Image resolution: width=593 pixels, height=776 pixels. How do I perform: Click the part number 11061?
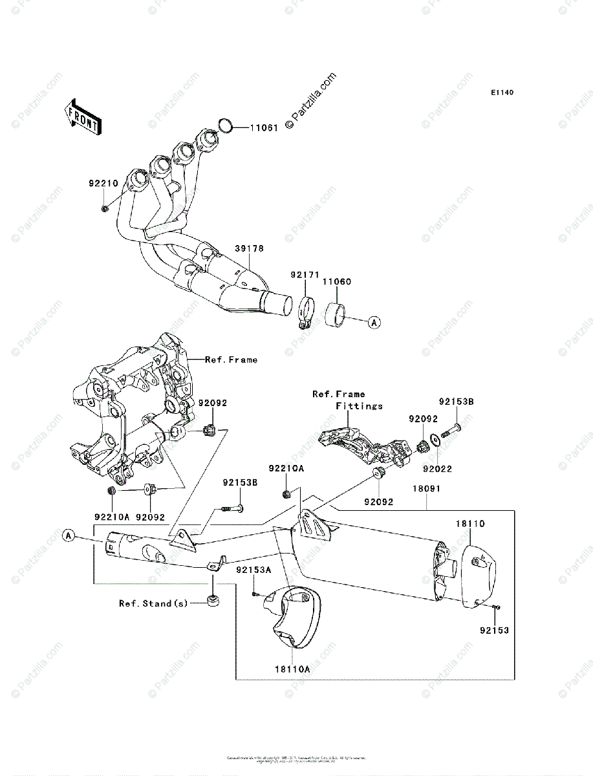click(x=264, y=128)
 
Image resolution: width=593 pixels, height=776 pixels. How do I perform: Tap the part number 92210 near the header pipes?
click(x=103, y=183)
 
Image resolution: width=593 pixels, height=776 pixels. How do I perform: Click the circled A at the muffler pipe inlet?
click(x=69, y=535)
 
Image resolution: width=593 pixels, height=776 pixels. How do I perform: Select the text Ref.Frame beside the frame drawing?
click(x=230, y=360)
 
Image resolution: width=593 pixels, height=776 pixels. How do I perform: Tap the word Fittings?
click(x=359, y=406)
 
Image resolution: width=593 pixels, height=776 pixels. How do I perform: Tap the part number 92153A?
click(x=253, y=570)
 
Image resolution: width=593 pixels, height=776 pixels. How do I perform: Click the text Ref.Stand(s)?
click(x=153, y=603)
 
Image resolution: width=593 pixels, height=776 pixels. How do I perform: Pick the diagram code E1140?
click(x=501, y=93)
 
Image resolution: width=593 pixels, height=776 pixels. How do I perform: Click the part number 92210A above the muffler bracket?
click(x=286, y=467)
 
